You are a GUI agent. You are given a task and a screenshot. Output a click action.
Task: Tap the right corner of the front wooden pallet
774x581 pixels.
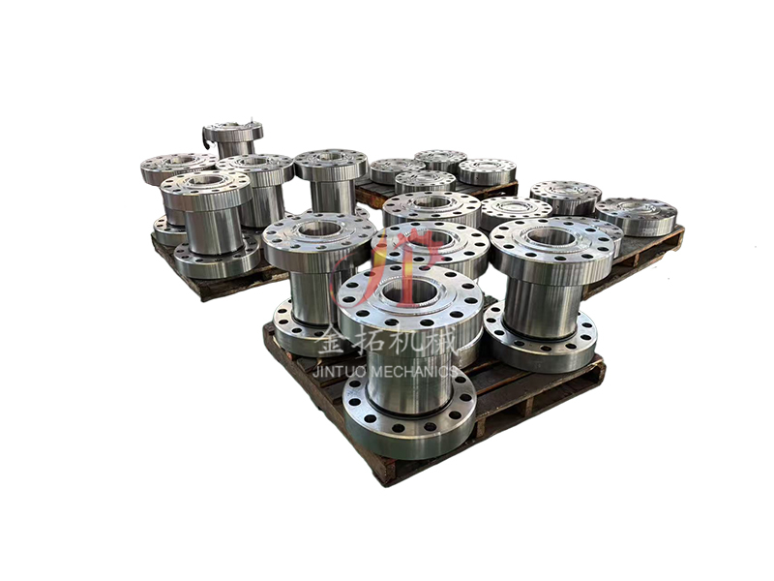[601, 368]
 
